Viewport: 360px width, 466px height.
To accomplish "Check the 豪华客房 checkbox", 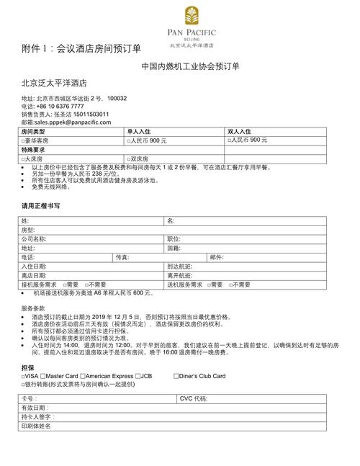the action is tap(24, 140).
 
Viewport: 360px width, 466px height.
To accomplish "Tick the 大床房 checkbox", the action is tap(24, 158).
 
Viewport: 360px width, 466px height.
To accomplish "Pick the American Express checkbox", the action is tap(83, 376).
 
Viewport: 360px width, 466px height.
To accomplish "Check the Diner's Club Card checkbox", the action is tap(176, 376).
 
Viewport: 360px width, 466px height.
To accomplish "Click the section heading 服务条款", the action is tap(34, 308).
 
